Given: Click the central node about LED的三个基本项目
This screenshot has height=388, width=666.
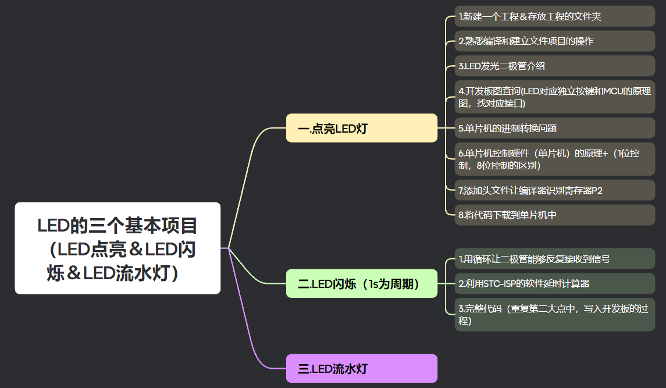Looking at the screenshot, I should click(x=117, y=248).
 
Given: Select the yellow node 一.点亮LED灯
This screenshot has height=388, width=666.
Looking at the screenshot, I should click(x=361, y=128).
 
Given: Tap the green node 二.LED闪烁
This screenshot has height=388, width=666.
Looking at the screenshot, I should click(x=361, y=284).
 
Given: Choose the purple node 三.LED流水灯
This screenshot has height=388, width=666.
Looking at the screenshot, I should click(x=361, y=368).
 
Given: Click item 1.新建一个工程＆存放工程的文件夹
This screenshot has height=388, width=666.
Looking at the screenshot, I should click(x=554, y=16).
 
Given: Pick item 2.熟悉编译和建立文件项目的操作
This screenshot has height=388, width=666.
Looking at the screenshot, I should click(x=554, y=41).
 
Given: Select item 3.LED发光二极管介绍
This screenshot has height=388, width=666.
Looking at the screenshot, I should click(x=554, y=66).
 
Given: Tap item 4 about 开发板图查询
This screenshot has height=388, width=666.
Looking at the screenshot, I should click(x=554, y=97).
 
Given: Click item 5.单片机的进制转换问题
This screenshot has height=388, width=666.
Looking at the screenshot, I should click(x=554, y=128).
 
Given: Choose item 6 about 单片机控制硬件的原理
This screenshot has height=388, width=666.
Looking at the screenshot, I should click(x=554, y=159).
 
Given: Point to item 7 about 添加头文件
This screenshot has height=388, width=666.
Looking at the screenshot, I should click(x=554, y=190).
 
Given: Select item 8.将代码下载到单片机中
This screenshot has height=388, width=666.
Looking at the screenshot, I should click(x=554, y=215).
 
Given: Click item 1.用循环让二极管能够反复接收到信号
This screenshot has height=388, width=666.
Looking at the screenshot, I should click(x=554, y=259).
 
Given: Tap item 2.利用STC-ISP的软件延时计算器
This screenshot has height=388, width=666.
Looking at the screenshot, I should click(x=554, y=283).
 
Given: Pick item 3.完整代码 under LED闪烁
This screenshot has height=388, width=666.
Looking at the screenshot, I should click(x=554, y=314).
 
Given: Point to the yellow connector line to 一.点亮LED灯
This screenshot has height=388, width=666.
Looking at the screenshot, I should click(x=244, y=175).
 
